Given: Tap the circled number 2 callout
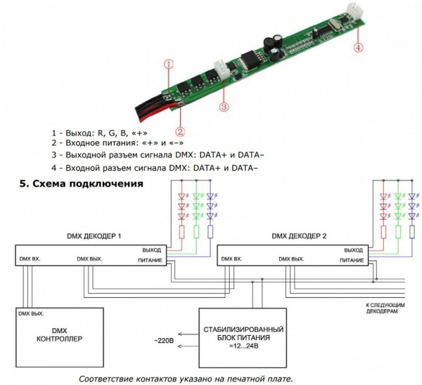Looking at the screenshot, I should click(x=180, y=131).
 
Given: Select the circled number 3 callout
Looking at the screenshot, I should click(x=224, y=107).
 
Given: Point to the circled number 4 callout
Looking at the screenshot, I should click(x=358, y=48).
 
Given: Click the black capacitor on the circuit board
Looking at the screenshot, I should click(x=271, y=44).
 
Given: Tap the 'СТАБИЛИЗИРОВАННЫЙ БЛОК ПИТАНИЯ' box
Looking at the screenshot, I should click(x=243, y=337).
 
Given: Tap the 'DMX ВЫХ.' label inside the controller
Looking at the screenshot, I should click(x=32, y=313).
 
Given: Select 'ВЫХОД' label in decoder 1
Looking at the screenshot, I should click(x=151, y=250).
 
